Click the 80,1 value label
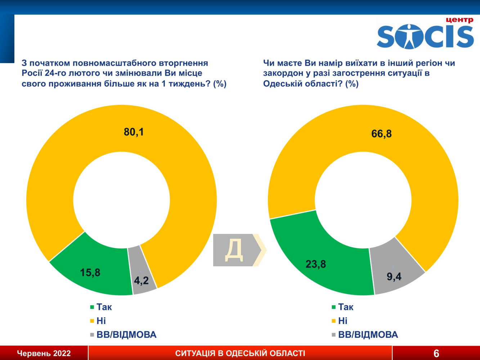pos(134,132)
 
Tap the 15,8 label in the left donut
pos(90,272)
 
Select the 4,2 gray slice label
pos(141,280)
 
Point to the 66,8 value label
pos(381,134)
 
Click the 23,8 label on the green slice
pos(315,264)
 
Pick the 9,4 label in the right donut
pos(394,277)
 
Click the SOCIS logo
pos(425,36)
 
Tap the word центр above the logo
pos(459,20)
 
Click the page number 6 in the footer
pos(436,353)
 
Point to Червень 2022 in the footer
pos(44,354)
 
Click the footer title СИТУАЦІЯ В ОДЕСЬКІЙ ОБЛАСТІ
pos(240,354)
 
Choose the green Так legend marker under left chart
pos(92,307)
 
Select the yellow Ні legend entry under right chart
pos(342,321)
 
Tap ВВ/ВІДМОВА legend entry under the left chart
pos(126,335)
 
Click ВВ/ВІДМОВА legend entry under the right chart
pos(368,335)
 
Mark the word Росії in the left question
pos(32,74)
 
